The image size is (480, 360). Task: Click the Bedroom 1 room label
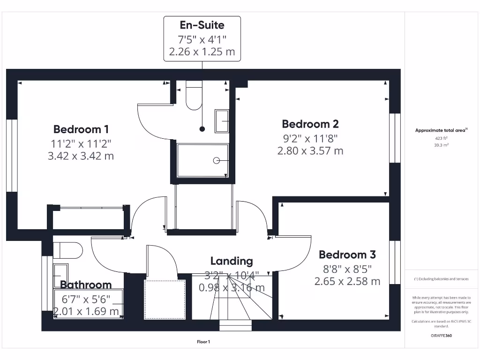[x=81, y=129]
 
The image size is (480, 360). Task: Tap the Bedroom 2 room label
[x=310, y=124]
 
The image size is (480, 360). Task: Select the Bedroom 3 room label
[x=347, y=255]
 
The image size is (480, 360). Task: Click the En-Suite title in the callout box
[x=202, y=25]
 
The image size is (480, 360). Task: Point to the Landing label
[x=232, y=261]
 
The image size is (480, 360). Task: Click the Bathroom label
[x=86, y=285]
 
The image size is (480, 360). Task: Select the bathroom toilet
[x=68, y=250]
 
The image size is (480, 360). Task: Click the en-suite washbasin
[x=222, y=121]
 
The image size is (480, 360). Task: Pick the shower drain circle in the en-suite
[x=217, y=160]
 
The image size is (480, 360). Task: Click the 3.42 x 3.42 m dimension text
[x=81, y=156]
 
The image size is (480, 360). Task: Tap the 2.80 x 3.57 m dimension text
[x=310, y=151]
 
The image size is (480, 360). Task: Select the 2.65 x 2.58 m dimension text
[x=347, y=281]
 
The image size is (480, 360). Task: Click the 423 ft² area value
[x=441, y=138]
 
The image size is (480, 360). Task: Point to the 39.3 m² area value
[x=441, y=145]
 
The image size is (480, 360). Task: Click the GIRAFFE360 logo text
[x=441, y=336]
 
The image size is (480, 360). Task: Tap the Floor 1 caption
[x=203, y=342]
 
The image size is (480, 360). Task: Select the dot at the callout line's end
[x=202, y=128]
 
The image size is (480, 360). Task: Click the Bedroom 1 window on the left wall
[x=12, y=156]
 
